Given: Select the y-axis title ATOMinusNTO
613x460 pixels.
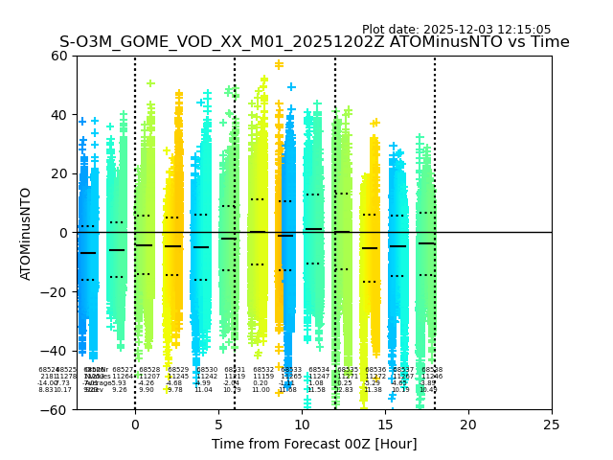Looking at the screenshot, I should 26,233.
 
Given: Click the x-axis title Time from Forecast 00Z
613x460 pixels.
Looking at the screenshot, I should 314,444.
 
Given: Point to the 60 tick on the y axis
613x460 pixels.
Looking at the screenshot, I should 59,56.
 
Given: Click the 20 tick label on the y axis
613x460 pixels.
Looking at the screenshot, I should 59,173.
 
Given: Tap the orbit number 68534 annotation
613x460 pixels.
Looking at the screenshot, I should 319,370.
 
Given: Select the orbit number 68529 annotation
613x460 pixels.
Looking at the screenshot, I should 178,370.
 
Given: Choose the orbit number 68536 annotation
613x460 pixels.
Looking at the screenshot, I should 375,370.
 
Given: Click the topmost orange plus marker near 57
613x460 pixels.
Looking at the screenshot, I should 279,65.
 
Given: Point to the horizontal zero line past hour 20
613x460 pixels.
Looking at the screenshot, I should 508,232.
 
